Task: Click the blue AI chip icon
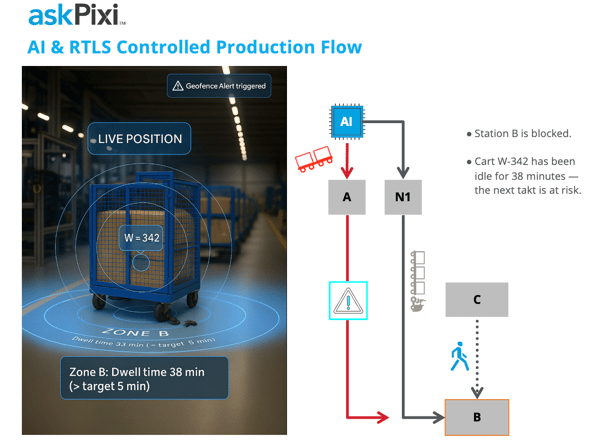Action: pos(346,121)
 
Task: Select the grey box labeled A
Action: pos(346,197)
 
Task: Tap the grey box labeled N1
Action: pos(402,197)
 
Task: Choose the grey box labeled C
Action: pos(476,299)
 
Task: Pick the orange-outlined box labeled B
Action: pos(476,416)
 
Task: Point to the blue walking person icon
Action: pos(459,357)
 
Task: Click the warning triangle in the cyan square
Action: pos(348,300)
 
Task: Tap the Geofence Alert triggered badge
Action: pos(219,86)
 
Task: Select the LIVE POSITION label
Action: pos(139,138)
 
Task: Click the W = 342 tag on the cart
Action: pos(141,238)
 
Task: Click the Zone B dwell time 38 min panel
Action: pos(143,378)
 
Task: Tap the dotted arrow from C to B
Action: pos(477,358)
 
